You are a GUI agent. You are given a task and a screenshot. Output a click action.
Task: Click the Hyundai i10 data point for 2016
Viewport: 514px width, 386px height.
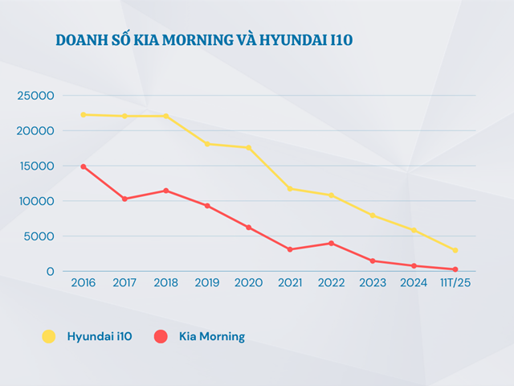84,115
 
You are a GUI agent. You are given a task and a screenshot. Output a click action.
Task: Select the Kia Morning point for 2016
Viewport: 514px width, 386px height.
84,166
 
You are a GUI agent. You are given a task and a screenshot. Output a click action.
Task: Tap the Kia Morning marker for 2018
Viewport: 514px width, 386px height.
166,191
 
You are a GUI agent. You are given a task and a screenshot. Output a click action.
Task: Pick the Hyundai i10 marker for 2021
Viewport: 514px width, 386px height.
290,189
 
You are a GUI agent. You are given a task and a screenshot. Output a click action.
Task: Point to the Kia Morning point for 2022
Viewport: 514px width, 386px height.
331,243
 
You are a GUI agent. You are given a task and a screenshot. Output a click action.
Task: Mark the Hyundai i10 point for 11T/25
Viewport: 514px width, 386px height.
455,250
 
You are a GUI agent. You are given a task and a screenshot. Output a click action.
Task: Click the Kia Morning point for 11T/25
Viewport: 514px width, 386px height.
455,269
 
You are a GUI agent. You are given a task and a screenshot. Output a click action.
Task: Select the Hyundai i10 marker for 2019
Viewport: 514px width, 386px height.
207,144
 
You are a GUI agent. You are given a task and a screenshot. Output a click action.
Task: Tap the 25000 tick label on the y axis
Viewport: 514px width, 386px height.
35,96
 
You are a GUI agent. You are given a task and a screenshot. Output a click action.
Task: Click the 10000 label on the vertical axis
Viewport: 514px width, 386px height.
35,201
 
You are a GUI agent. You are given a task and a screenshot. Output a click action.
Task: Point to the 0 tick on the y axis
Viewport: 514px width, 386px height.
50,272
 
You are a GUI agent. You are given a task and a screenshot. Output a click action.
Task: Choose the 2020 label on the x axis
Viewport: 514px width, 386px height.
249,283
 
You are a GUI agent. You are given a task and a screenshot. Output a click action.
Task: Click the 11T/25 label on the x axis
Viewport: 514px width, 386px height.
455,283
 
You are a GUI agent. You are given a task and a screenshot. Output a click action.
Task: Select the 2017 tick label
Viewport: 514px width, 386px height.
124,283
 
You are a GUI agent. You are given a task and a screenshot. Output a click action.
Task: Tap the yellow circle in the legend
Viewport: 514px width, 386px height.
49,337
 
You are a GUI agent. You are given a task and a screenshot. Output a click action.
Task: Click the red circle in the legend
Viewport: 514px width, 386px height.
161,337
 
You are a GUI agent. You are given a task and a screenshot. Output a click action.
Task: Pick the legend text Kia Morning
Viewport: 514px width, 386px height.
212,337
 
